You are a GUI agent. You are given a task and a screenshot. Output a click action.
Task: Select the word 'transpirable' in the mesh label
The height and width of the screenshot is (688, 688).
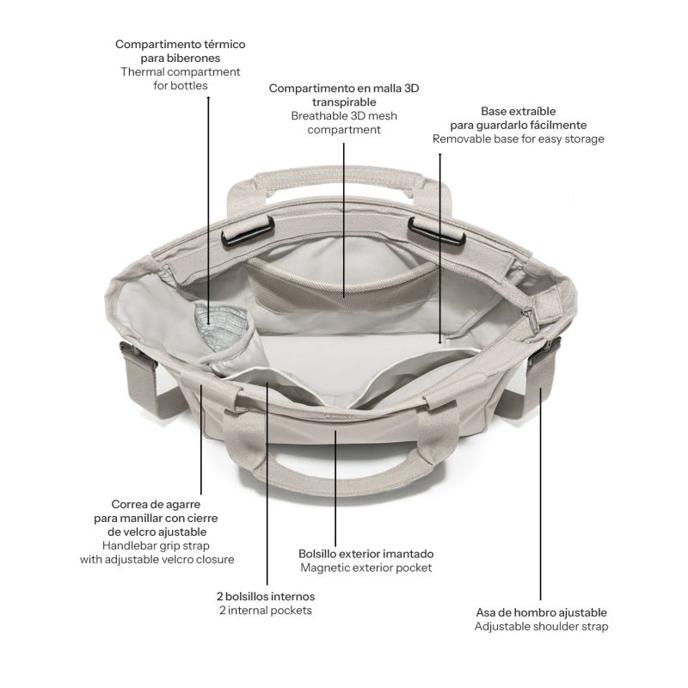point(344,102)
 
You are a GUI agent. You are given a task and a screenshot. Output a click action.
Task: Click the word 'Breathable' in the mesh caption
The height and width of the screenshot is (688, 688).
point(313,116)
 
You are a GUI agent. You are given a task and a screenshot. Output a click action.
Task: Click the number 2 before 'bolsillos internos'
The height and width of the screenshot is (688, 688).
point(220,597)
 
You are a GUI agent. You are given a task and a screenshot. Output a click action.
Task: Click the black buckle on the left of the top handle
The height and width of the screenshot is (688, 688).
point(248,231)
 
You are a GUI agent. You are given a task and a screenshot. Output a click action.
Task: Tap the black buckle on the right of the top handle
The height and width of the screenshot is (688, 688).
point(436,231)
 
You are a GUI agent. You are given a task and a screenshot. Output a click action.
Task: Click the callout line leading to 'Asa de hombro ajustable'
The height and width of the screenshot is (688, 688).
point(541,494)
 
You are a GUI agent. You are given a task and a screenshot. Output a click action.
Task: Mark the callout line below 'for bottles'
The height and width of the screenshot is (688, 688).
point(208,211)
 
